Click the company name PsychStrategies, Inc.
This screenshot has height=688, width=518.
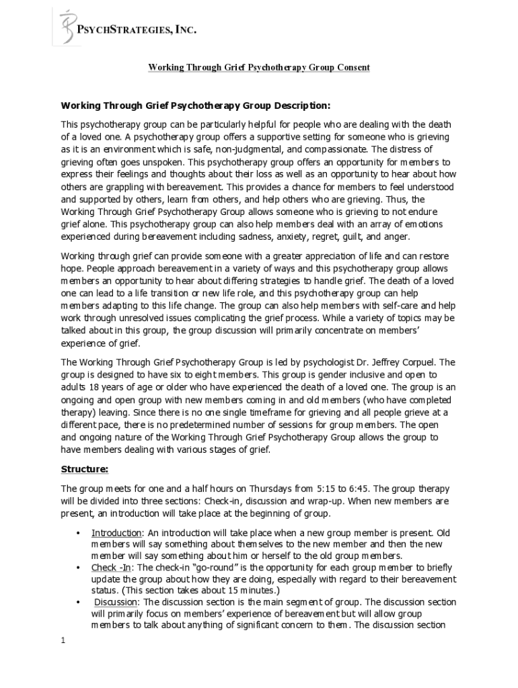138,30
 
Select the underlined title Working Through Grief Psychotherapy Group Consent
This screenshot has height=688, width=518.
259,68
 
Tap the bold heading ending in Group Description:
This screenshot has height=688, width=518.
196,105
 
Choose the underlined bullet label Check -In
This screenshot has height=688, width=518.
112,568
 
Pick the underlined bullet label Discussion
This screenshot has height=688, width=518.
116,602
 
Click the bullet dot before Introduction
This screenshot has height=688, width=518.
79,533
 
